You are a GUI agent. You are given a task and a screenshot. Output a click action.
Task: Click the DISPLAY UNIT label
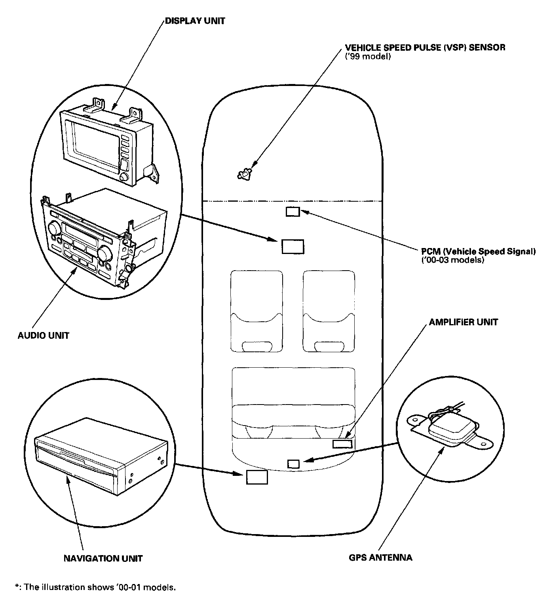194,21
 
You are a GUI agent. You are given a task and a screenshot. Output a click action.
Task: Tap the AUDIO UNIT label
44,336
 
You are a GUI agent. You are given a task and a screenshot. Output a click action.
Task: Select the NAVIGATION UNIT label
103,558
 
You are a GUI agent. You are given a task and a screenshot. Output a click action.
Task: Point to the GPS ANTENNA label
380,557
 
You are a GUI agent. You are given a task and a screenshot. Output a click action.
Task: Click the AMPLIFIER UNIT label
463,322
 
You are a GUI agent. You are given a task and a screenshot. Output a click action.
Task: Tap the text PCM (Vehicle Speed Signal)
478,251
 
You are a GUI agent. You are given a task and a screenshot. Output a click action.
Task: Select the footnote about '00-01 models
95,587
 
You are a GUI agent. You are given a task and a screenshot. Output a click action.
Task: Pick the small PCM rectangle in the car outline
293,212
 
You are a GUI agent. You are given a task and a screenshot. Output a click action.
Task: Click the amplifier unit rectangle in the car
342,444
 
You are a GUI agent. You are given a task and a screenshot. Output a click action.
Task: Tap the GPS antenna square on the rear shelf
293,464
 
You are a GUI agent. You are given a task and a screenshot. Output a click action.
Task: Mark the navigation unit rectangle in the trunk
257,477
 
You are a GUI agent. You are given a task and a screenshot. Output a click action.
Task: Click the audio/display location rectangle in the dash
293,246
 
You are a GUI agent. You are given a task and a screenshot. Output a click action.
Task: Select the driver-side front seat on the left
256,311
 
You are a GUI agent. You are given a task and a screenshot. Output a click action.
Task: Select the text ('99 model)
368,57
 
